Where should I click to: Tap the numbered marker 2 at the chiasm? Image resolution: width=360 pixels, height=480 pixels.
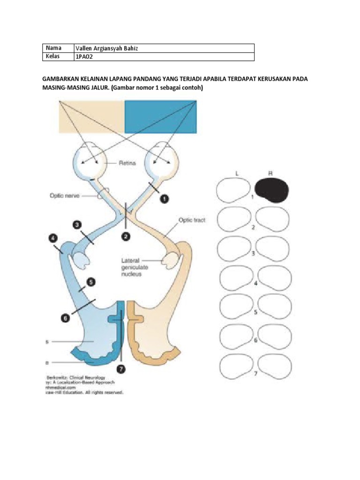pyautogui.click(x=125, y=237)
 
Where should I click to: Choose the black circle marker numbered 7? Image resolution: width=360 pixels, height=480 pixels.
pyautogui.click(x=121, y=369)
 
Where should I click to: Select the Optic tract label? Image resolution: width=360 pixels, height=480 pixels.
pyautogui.click(x=191, y=219)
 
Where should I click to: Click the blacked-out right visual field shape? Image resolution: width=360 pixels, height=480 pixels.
pyautogui.click(x=271, y=190)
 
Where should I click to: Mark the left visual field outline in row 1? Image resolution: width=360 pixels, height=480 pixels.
pyautogui.click(x=233, y=191)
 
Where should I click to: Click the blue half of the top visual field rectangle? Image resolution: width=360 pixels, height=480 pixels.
pyautogui.click(x=161, y=116)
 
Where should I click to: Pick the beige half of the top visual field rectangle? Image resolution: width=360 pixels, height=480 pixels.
pyautogui.click(x=91, y=116)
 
